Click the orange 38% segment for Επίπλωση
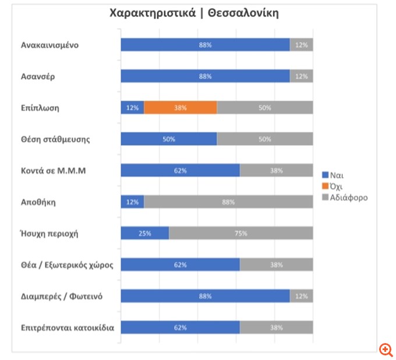coord(180,108)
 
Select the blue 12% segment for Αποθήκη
coord(132,202)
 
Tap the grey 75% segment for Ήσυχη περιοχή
coord(241,234)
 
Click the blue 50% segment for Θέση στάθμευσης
coord(168,139)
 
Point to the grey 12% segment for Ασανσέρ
coord(301,76)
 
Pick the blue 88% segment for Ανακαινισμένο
coord(205,45)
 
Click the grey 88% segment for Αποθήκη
coord(228,202)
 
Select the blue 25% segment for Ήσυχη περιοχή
coord(144,234)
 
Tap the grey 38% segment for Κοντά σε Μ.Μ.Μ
coord(276,171)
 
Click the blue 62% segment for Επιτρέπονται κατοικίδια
coord(180,327)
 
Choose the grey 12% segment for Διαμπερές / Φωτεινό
coord(301,296)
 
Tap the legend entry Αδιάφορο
coord(348,197)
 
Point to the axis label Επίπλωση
coord(40,108)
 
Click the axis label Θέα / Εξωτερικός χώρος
coord(67,265)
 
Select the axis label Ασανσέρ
coord(38,76)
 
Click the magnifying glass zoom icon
coord(386,350)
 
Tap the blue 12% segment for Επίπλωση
coord(132,108)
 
